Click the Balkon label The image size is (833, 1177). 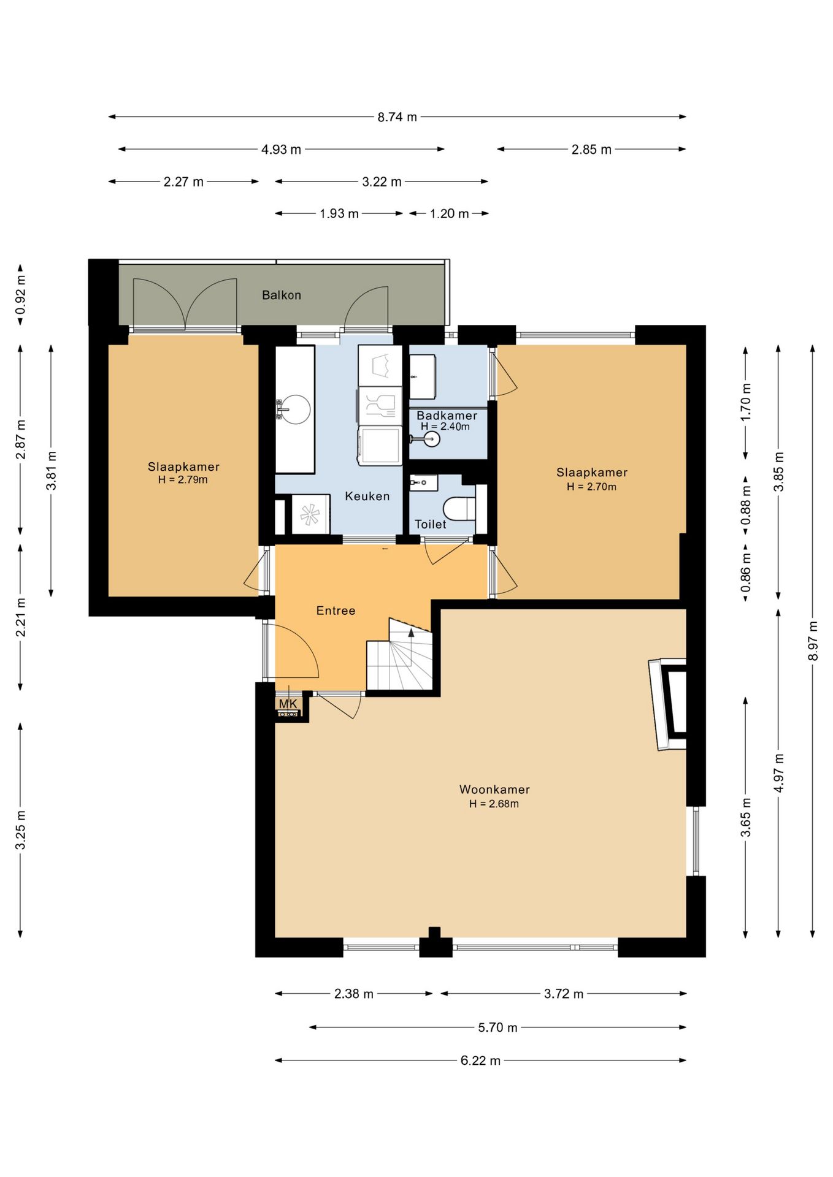tap(282, 295)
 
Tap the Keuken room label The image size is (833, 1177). tap(367, 496)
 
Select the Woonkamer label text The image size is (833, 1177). tap(494, 790)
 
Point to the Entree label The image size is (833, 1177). tap(336, 611)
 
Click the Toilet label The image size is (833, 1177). tap(431, 524)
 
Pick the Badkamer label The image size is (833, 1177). tap(447, 416)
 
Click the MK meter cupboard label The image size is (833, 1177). tap(288, 704)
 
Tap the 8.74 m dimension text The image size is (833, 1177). tap(397, 116)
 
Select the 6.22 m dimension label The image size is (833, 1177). tap(480, 1061)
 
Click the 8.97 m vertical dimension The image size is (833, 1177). tap(813, 641)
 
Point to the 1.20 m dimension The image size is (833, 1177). tap(449, 213)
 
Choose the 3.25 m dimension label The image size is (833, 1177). tap(20, 830)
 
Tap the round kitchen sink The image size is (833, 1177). tap(294, 409)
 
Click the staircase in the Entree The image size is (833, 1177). tap(399, 655)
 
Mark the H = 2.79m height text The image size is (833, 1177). tap(183, 480)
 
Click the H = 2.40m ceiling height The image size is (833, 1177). tap(445, 427)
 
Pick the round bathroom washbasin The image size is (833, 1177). tap(432, 439)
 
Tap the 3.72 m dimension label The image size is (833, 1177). tap(564, 994)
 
